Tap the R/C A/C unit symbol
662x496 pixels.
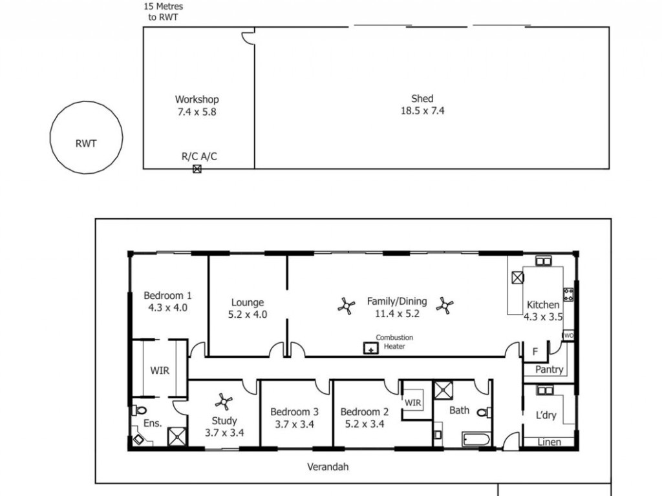pos(197,169)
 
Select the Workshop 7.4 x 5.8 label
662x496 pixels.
pos(197,105)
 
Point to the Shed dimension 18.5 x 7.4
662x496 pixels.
pos(422,111)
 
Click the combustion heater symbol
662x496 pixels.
pos(371,348)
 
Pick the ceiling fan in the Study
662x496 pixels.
pos(223,402)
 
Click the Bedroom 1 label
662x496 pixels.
pos(167,296)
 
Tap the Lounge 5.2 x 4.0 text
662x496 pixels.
pos(248,308)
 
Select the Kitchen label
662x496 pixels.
pos(543,305)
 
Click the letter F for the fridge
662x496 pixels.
pos(535,351)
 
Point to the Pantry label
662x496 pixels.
pos(550,369)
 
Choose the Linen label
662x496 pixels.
pos(550,442)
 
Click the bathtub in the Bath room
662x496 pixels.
pos(476,439)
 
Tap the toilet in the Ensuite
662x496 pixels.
pos(139,410)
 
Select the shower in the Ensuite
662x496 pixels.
pos(177,437)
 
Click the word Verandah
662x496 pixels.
pos(328,467)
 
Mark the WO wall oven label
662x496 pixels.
pos(569,336)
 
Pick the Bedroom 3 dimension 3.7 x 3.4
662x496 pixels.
pos(295,424)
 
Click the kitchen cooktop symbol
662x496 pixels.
pos(568,294)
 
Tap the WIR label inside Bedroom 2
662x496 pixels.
pos(413,403)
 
